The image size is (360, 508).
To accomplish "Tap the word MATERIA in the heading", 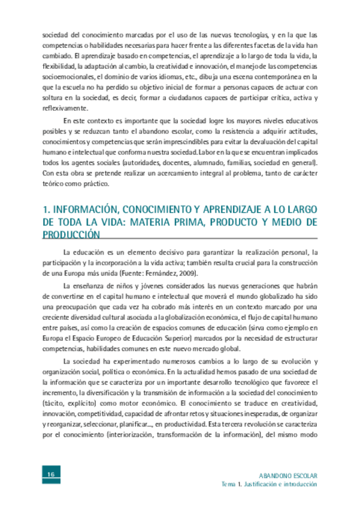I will (171, 222).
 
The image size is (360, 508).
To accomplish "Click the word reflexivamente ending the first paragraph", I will (65, 108).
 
